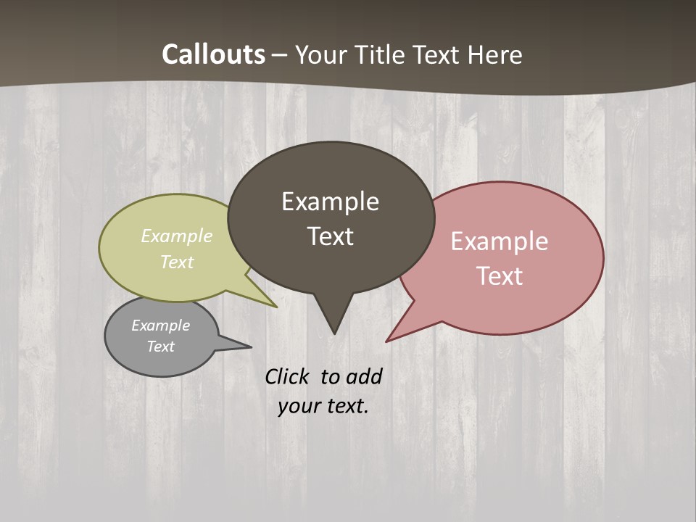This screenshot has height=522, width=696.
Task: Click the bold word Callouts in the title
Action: click(x=213, y=54)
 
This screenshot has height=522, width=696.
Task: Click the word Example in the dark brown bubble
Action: click(x=330, y=202)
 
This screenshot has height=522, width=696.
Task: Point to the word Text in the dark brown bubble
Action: click(x=330, y=236)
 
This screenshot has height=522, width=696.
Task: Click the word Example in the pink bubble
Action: click(x=499, y=241)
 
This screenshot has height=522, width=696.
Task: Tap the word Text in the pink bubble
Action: click(x=499, y=275)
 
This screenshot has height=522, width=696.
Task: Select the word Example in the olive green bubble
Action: click(x=177, y=236)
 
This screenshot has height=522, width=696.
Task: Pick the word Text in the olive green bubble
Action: click(x=177, y=262)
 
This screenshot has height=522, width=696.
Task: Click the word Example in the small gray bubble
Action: click(x=160, y=326)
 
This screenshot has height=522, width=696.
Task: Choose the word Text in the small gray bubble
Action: click(x=160, y=347)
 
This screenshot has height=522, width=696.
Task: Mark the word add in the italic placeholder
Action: click(x=363, y=376)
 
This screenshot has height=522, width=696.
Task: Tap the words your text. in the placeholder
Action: click(x=323, y=406)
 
